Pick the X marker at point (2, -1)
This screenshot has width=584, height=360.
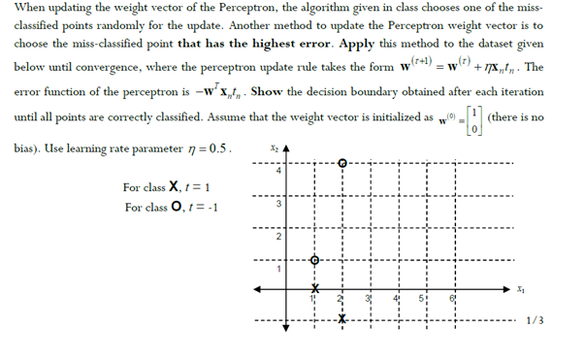pos(341,317)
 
